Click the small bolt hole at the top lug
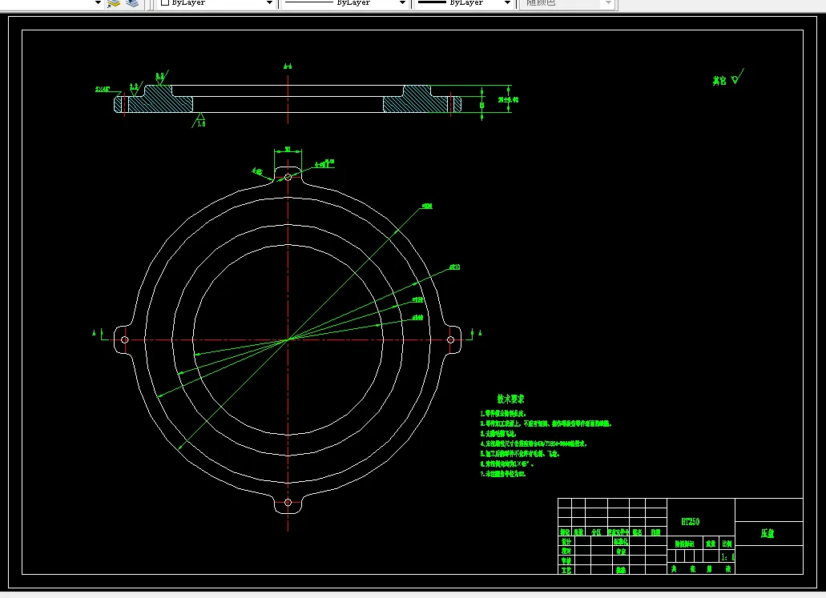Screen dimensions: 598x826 click(288, 176)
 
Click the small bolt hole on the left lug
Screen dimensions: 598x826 click(125, 339)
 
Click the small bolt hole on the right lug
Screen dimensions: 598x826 click(450, 339)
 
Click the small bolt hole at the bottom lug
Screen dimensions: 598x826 click(288, 503)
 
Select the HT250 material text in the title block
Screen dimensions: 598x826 click(690, 521)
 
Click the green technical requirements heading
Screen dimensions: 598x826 click(510, 399)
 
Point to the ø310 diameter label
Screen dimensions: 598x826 click(454, 267)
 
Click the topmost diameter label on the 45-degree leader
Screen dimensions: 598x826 click(427, 207)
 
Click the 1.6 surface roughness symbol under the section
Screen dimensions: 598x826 click(200, 122)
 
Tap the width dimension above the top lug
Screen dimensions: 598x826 click(288, 149)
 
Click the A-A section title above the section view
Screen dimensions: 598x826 click(288, 66)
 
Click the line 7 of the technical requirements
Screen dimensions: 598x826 click(502, 474)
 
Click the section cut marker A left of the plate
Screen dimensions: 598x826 click(96, 331)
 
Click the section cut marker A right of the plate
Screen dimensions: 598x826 click(480, 331)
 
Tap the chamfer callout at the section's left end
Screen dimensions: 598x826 click(104, 90)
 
